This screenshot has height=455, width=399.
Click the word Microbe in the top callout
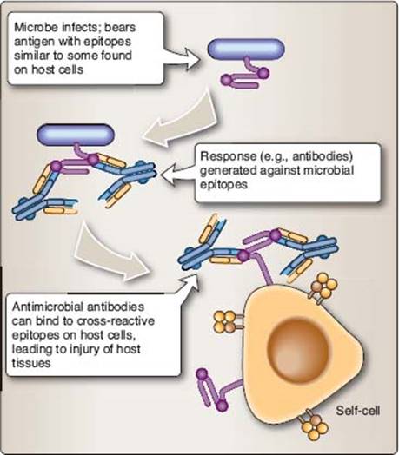click(36, 28)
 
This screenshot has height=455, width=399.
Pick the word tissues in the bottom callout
click(31, 363)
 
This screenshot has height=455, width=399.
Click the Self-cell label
click(357, 411)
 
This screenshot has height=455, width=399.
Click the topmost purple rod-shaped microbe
click(246, 49)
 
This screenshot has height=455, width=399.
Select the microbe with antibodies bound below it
click(76, 135)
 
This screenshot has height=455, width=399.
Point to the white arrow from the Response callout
click(177, 175)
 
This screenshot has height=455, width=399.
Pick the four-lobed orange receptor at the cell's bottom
click(315, 426)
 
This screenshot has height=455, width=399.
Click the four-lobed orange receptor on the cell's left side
click(225, 322)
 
